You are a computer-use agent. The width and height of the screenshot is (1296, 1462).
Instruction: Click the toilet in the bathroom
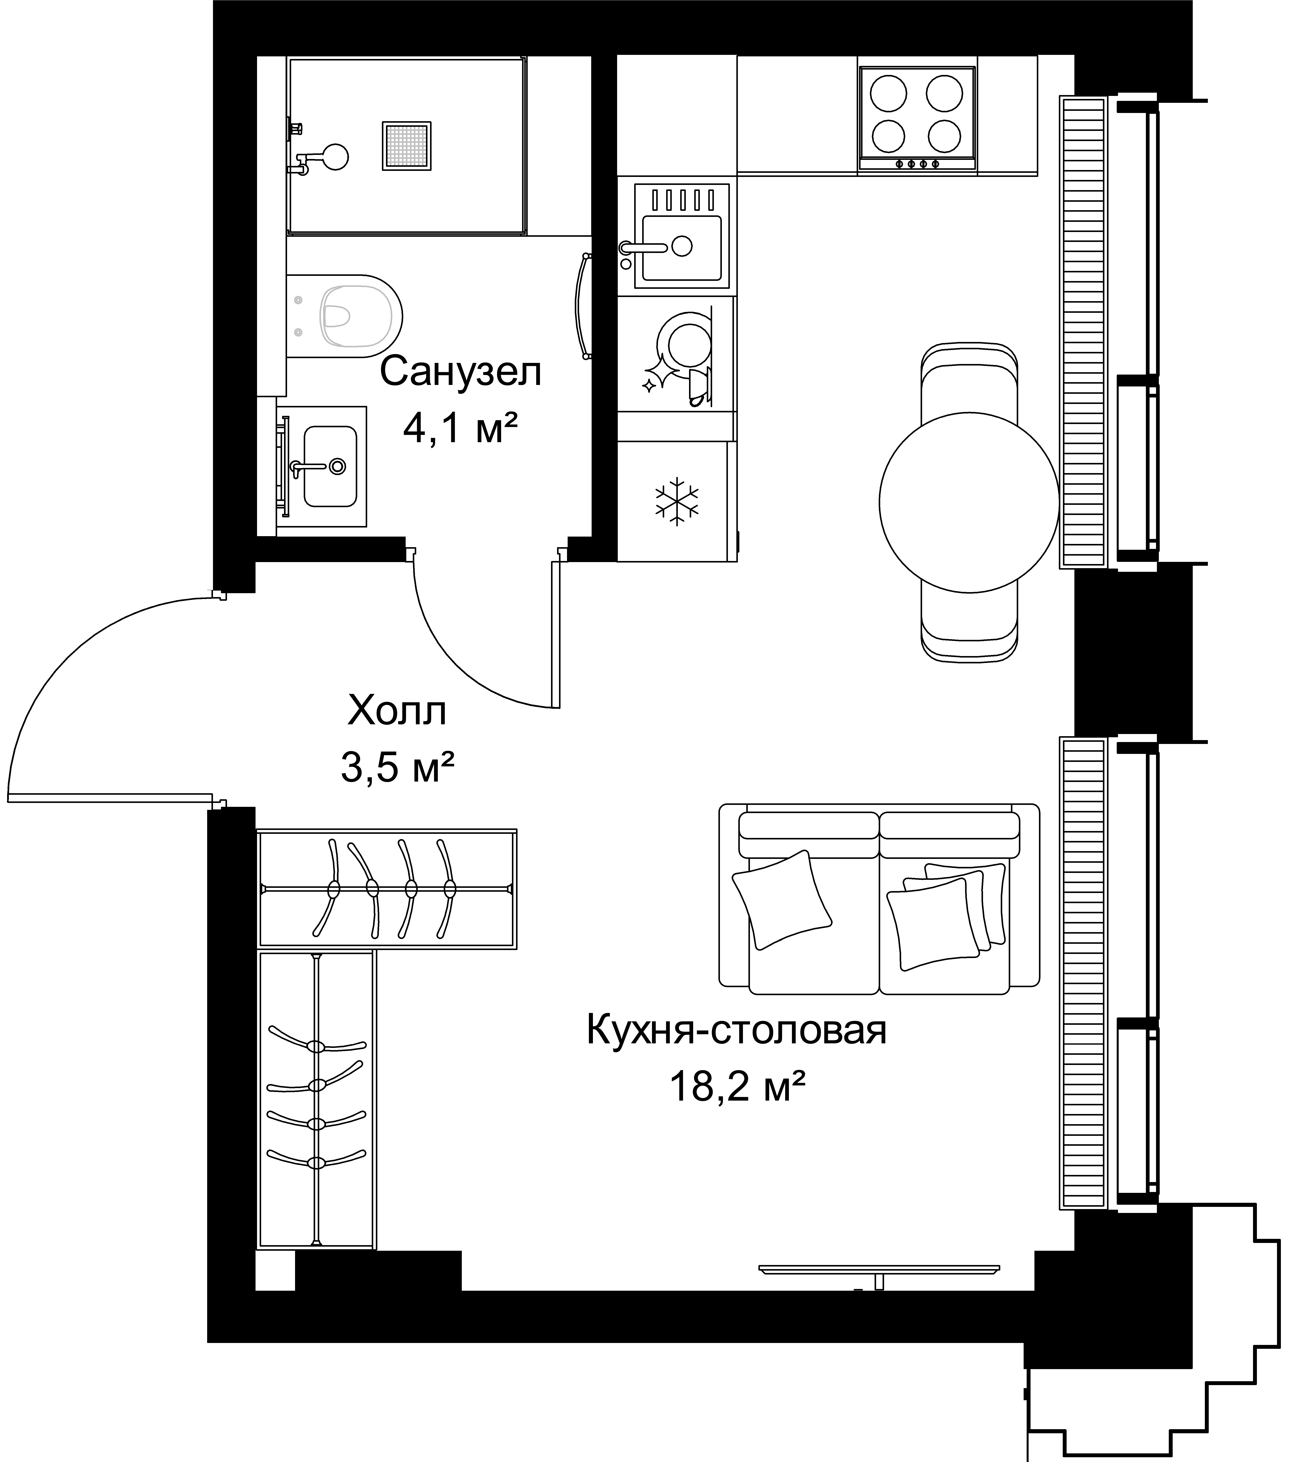point(345,316)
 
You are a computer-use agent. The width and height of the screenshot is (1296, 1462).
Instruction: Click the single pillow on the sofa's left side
point(782,900)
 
